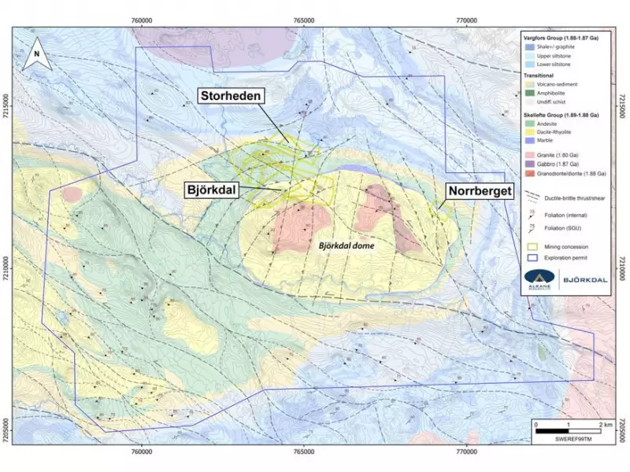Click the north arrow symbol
click(x=35, y=54)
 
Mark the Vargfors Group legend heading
click(x=565, y=37)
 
